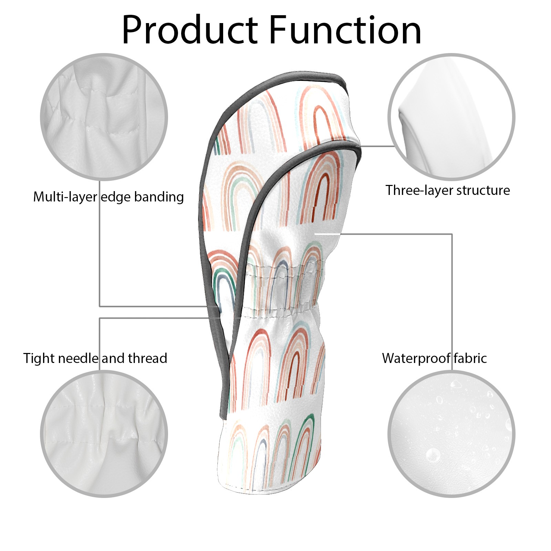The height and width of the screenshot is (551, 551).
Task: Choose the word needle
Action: pos(79,358)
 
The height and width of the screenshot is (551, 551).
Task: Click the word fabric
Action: pos(470,358)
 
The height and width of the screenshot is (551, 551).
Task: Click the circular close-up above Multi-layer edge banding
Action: pos(104,117)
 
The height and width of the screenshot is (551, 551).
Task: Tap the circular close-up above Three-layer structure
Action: pos(451,117)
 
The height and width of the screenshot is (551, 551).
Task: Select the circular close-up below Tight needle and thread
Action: pos(104,434)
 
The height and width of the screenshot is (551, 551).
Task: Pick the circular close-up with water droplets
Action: pos(451,434)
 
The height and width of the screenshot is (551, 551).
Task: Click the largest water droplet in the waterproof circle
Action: pos(433,455)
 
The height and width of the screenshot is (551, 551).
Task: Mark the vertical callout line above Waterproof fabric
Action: pos(452,293)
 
